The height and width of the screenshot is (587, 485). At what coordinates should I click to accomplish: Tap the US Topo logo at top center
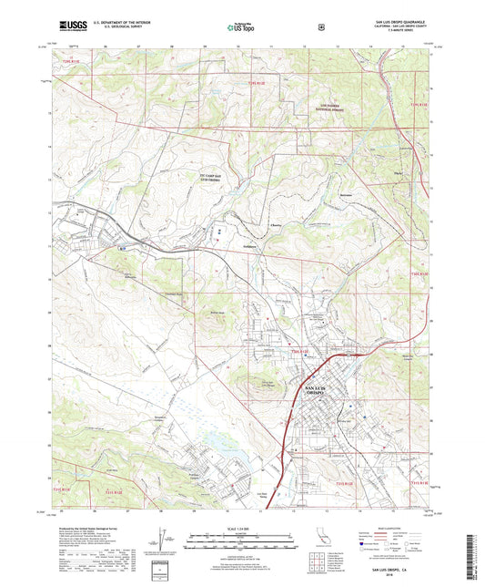click(242, 27)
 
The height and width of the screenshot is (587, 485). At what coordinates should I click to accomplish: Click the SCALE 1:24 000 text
click(242, 528)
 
